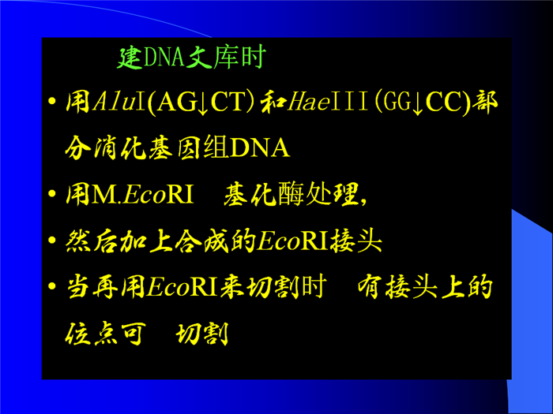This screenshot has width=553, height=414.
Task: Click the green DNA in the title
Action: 164,57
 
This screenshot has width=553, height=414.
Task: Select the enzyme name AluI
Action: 118,102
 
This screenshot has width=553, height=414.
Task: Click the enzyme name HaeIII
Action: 328,102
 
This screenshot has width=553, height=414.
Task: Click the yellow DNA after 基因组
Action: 260,148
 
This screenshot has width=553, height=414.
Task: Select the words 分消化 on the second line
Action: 105,148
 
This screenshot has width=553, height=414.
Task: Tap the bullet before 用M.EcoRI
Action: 52,194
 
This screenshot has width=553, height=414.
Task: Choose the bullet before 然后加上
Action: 52,241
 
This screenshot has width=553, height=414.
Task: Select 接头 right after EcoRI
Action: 356,241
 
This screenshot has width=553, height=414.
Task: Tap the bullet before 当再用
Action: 52,286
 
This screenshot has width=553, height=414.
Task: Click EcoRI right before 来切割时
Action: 182,288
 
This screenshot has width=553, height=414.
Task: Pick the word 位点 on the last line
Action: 92,334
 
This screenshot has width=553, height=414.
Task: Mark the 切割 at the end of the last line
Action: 202,334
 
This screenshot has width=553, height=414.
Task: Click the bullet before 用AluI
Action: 52,102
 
